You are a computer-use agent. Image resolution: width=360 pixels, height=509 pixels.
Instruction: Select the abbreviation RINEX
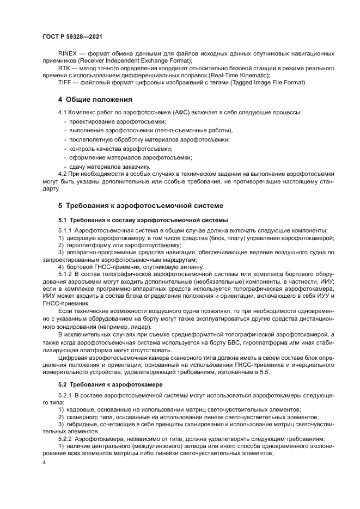click(68, 53)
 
